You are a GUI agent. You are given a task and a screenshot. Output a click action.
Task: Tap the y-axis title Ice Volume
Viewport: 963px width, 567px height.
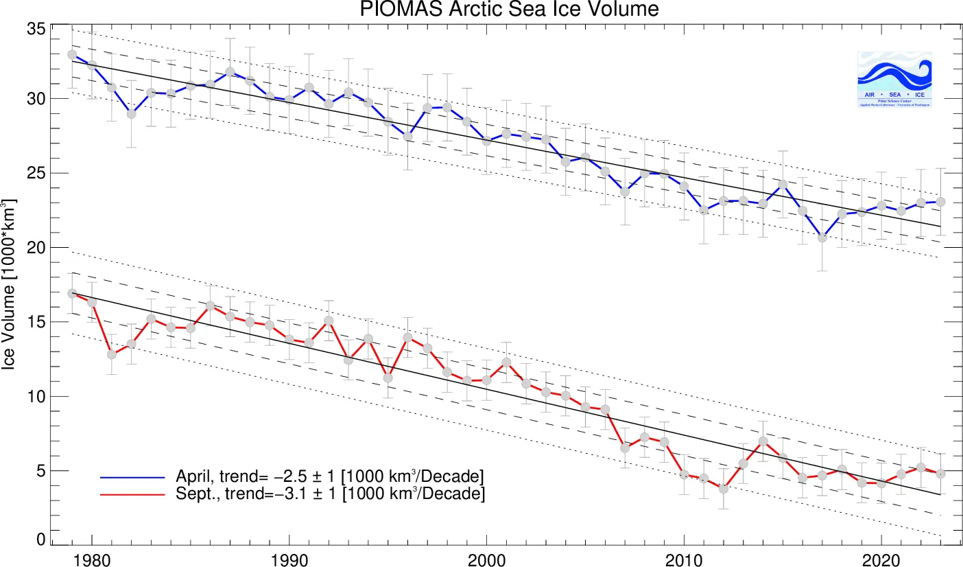tap(10, 284)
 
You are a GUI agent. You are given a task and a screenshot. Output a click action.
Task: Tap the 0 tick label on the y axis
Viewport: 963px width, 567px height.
tap(41, 540)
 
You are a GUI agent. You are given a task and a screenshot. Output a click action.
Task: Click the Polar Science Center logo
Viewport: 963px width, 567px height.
tap(894, 79)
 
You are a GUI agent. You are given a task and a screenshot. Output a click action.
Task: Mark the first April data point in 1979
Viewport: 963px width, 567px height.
tap(72, 54)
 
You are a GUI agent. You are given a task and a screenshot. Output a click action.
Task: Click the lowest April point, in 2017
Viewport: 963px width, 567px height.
tap(822, 238)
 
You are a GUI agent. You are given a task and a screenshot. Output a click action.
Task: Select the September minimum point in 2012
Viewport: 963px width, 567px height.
tap(724, 489)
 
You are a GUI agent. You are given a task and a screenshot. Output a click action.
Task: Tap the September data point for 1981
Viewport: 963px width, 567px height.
tap(112, 354)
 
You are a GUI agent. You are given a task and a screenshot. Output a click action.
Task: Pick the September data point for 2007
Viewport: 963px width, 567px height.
tap(625, 448)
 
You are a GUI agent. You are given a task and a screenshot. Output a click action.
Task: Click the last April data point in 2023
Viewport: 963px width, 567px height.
tap(940, 201)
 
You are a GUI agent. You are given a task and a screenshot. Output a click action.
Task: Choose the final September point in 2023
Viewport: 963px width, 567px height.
tap(940, 474)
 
